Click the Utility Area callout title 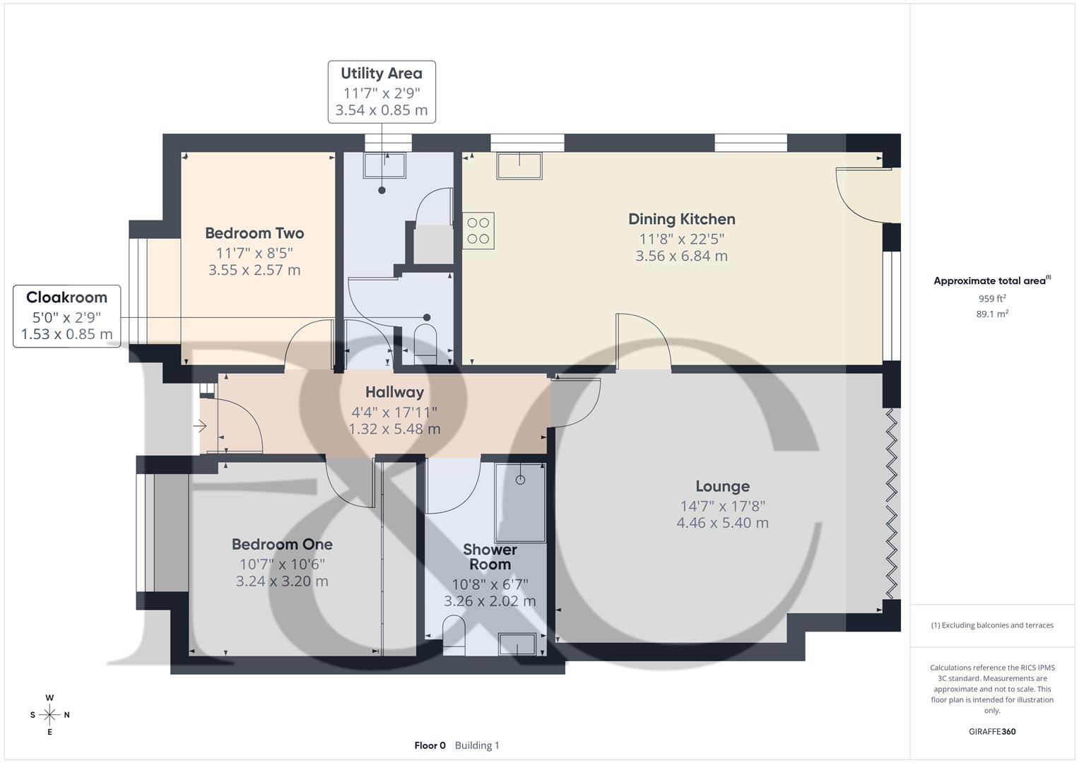click(382, 73)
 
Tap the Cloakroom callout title click(66, 297)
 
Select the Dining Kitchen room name click(681, 219)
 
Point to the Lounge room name click(722, 486)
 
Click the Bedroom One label click(282, 544)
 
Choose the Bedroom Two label click(254, 233)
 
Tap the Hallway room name click(394, 392)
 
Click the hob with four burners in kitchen click(478, 231)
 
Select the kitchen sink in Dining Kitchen click(519, 165)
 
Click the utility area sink click(385, 165)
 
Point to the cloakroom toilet click(425, 341)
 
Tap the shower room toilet click(454, 631)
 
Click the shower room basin click(517, 644)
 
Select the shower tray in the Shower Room click(520, 502)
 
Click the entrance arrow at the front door click(200, 426)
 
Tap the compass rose click(49, 715)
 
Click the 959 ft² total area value click(992, 299)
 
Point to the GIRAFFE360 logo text click(992, 731)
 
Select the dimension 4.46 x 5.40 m click(722, 523)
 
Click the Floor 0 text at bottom click(430, 745)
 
